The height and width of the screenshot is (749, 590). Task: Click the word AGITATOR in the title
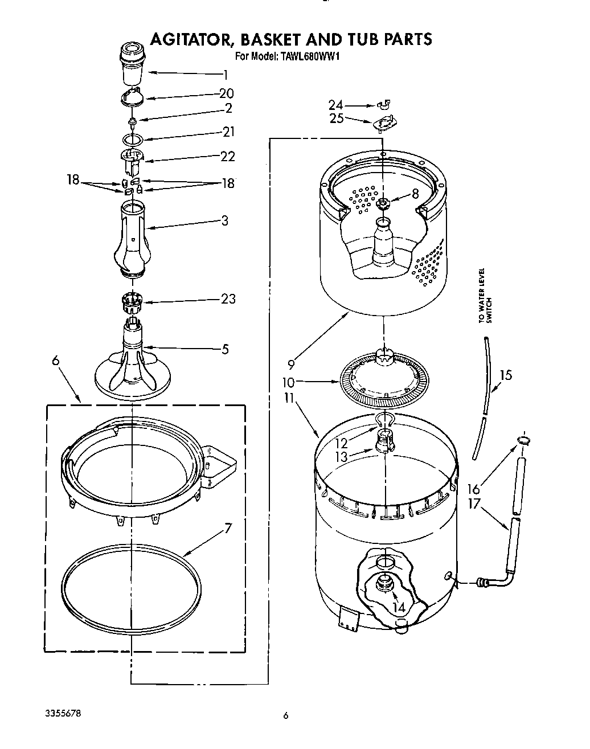tap(190, 39)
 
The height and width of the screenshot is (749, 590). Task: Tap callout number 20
tap(226, 93)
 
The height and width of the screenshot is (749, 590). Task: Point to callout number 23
tap(228, 298)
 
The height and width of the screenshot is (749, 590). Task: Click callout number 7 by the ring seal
tap(228, 528)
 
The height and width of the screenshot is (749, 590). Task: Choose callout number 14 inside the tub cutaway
tap(399, 608)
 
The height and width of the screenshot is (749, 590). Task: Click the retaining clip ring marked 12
tap(384, 420)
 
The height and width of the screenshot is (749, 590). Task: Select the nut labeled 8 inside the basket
tap(383, 203)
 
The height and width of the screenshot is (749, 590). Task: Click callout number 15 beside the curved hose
tap(505, 375)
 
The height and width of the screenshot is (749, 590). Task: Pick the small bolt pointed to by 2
tap(132, 120)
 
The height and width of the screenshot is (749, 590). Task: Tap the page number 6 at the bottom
tap(286, 715)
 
